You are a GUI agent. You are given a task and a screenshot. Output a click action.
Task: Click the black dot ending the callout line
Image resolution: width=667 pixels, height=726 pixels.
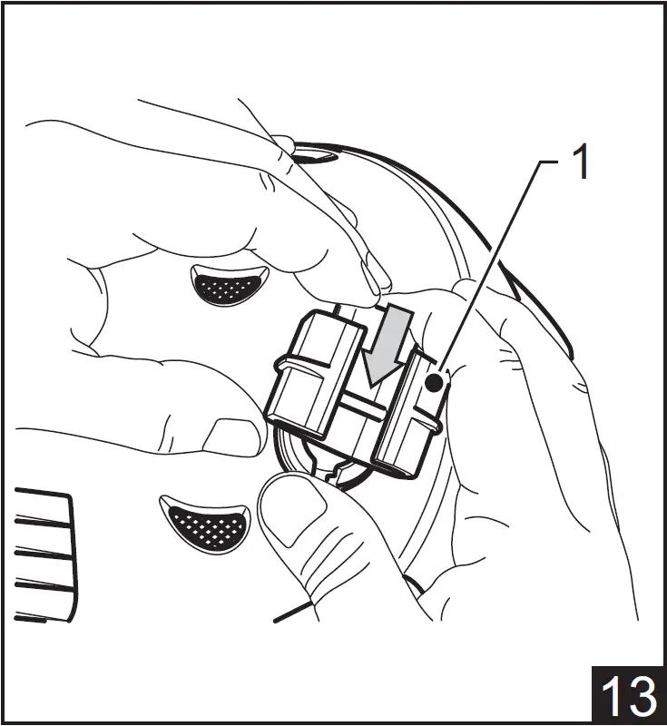[x=435, y=383]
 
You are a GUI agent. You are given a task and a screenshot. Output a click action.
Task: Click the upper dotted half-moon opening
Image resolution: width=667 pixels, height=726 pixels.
[x=228, y=285]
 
